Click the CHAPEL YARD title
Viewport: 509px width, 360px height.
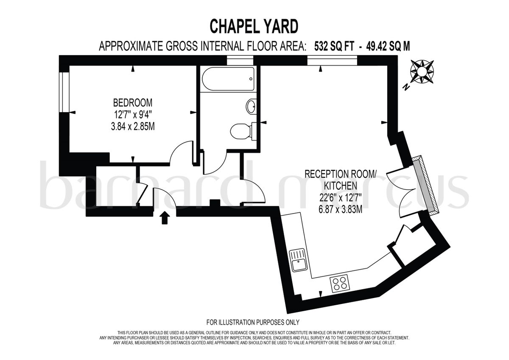[x=254, y=26]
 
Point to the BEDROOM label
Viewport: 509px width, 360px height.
[x=132, y=103]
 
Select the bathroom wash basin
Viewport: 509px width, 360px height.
[x=251, y=107]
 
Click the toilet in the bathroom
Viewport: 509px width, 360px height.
[x=242, y=130]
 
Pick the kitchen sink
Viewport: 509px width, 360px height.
[x=298, y=260]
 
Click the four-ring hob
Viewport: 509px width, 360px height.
[x=340, y=283]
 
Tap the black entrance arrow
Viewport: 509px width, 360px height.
[x=165, y=218]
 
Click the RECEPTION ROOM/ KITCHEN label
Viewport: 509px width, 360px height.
[x=341, y=180]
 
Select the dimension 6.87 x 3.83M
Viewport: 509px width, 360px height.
[x=341, y=209]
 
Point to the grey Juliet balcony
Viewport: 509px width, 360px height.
[x=428, y=185]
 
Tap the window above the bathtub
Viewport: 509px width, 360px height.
[x=240, y=61]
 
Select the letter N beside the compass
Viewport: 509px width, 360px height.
[x=406, y=87]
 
